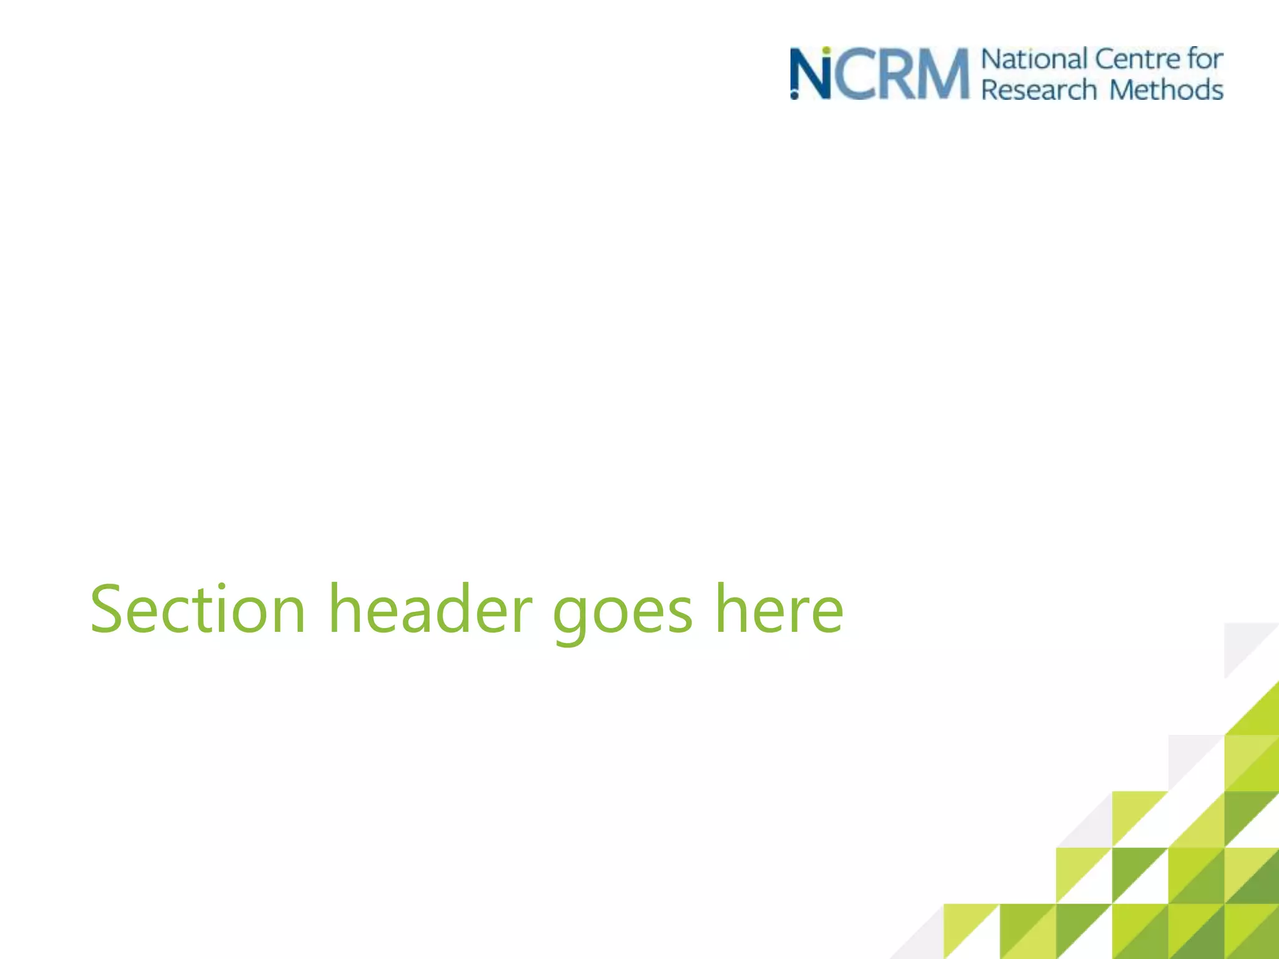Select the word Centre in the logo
coord(1138,59)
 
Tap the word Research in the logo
coord(1039,89)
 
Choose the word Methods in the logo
coord(1166,89)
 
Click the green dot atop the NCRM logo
coord(826,50)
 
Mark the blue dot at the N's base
coord(794,96)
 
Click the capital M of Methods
coord(1123,89)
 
